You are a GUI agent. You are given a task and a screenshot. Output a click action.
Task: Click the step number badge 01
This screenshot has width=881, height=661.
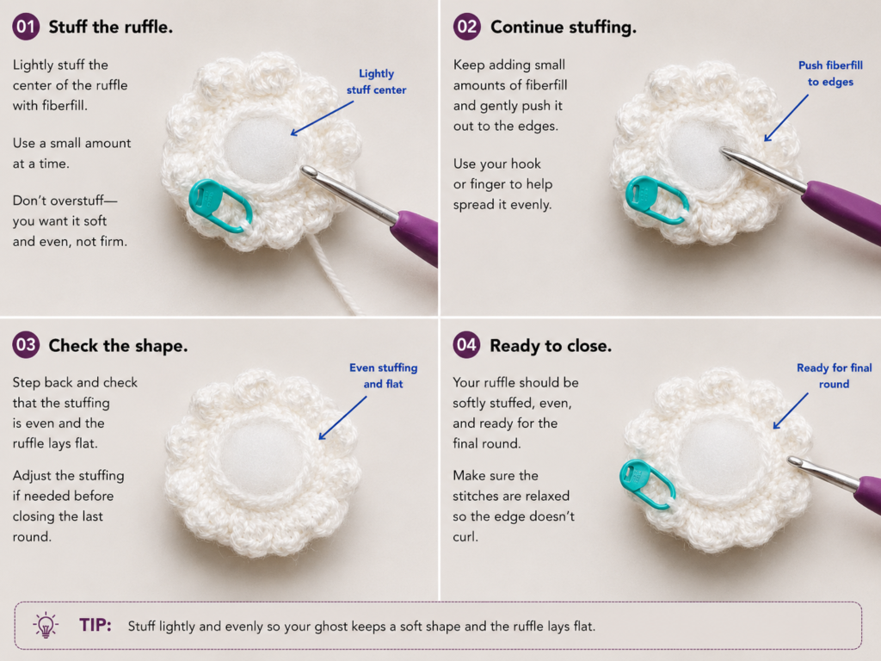(x=26, y=27)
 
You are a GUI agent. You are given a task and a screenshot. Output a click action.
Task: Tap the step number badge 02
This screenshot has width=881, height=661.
(x=467, y=27)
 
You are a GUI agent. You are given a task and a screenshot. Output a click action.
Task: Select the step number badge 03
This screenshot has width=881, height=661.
(x=26, y=344)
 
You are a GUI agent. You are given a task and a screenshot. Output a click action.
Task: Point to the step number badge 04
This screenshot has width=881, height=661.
(x=467, y=344)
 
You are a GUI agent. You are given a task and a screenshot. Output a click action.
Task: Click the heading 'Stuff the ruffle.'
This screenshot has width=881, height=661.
(x=111, y=27)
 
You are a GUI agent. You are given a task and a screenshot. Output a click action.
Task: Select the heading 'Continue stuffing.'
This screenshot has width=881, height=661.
(x=564, y=27)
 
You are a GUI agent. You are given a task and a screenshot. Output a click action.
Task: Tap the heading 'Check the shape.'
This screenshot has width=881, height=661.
(x=118, y=346)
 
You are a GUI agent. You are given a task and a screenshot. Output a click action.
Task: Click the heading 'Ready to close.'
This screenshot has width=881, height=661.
(x=551, y=346)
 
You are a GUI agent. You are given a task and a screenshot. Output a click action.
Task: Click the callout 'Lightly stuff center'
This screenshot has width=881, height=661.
(x=376, y=82)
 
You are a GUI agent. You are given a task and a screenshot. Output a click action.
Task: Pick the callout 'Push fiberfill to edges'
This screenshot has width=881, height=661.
(x=830, y=74)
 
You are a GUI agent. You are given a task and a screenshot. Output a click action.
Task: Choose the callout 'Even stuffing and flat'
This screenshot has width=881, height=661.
(x=383, y=375)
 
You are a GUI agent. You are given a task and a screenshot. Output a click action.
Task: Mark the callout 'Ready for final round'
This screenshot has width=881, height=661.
(x=835, y=376)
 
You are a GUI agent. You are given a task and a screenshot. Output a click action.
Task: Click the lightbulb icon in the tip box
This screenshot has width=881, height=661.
(x=46, y=625)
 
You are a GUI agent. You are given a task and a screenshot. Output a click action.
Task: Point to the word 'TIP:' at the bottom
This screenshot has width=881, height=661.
(x=95, y=625)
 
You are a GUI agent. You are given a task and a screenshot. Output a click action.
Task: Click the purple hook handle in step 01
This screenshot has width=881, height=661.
(x=417, y=236)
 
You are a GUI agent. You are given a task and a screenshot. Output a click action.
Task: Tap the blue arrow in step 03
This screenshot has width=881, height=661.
(x=342, y=418)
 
